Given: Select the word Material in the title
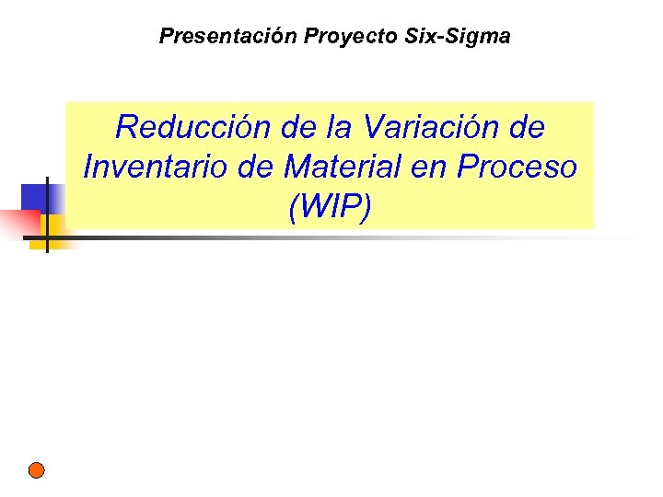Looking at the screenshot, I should (355, 168).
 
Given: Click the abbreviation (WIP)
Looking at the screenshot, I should (331, 208).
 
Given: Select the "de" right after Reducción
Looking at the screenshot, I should (296, 127).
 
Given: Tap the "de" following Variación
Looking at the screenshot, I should (526, 127).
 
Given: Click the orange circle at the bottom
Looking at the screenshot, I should (36, 469).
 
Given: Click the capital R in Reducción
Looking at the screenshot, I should (128, 127).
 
